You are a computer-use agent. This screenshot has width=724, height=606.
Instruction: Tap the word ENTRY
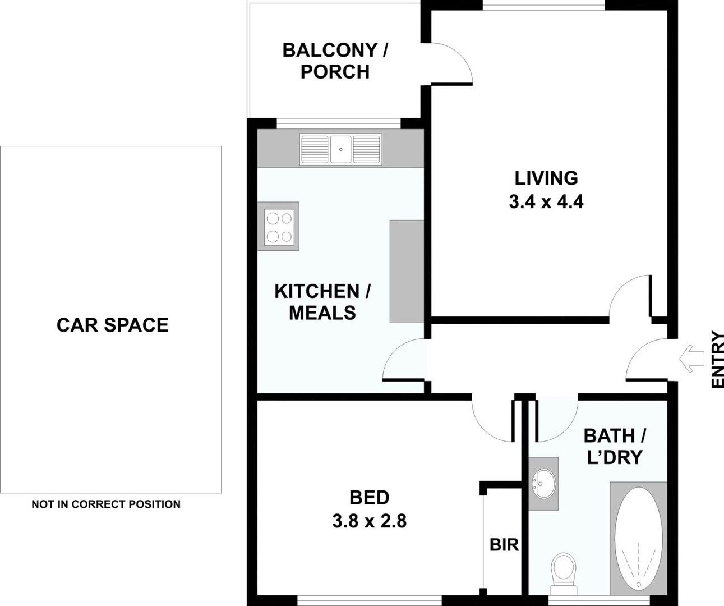(x=717, y=360)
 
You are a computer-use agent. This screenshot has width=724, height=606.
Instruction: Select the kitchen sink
(x=340, y=149)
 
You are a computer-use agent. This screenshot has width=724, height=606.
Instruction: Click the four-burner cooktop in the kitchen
(x=279, y=227)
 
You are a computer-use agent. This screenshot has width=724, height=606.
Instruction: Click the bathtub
(x=638, y=539)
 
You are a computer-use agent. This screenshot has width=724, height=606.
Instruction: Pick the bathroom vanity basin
(x=543, y=483)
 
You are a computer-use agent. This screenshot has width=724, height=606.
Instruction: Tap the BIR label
(x=504, y=544)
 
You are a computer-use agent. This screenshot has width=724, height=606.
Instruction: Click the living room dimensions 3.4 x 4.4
(x=546, y=201)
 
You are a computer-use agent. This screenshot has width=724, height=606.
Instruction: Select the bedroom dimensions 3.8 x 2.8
(x=369, y=521)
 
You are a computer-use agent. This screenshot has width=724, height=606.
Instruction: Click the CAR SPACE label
(x=112, y=325)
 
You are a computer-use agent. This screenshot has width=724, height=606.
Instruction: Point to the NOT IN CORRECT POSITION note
(x=106, y=504)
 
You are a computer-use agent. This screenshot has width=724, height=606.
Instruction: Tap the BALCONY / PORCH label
(x=335, y=61)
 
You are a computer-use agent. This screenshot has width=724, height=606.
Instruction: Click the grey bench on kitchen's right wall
(x=407, y=271)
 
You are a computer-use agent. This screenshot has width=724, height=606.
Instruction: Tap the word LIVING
(x=546, y=178)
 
